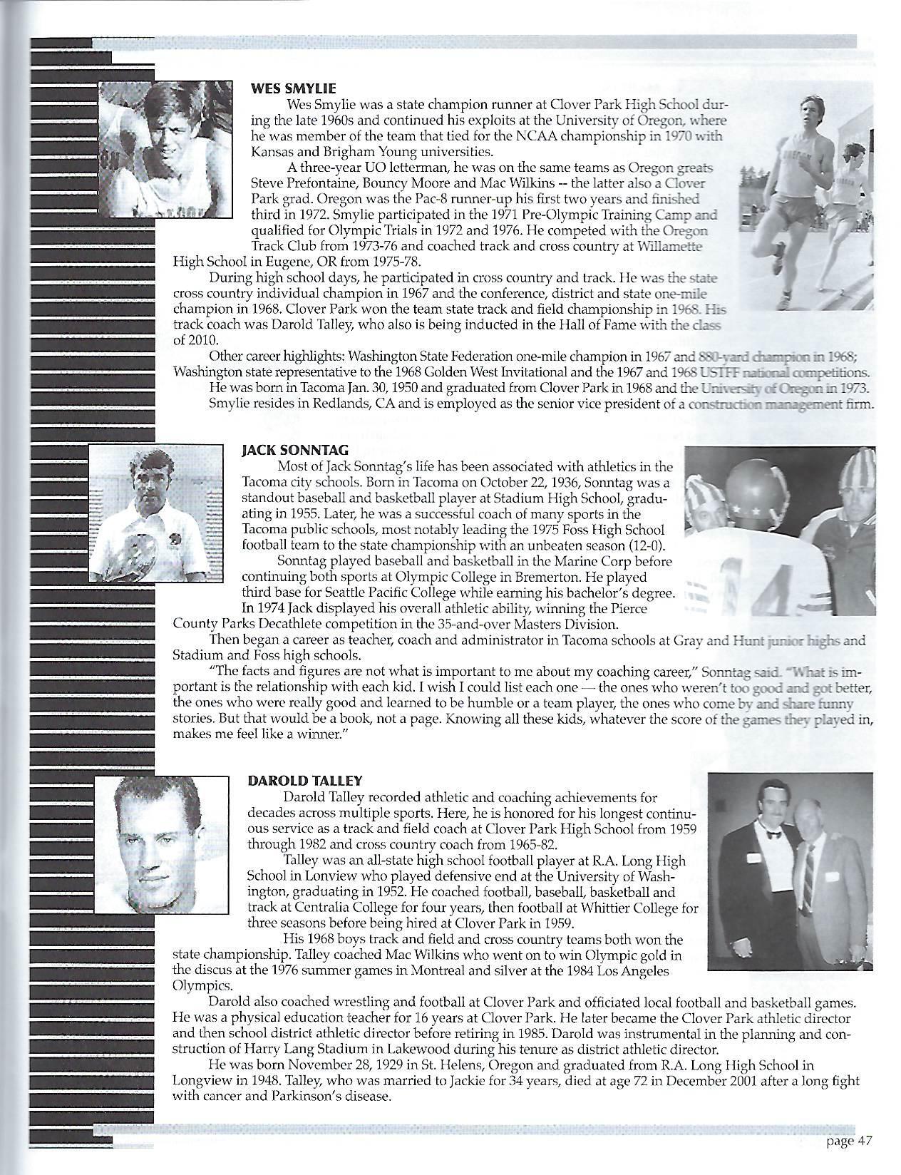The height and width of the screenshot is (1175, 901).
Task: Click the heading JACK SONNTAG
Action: tap(283, 451)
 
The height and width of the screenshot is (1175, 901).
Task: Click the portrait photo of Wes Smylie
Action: tap(165, 149)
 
